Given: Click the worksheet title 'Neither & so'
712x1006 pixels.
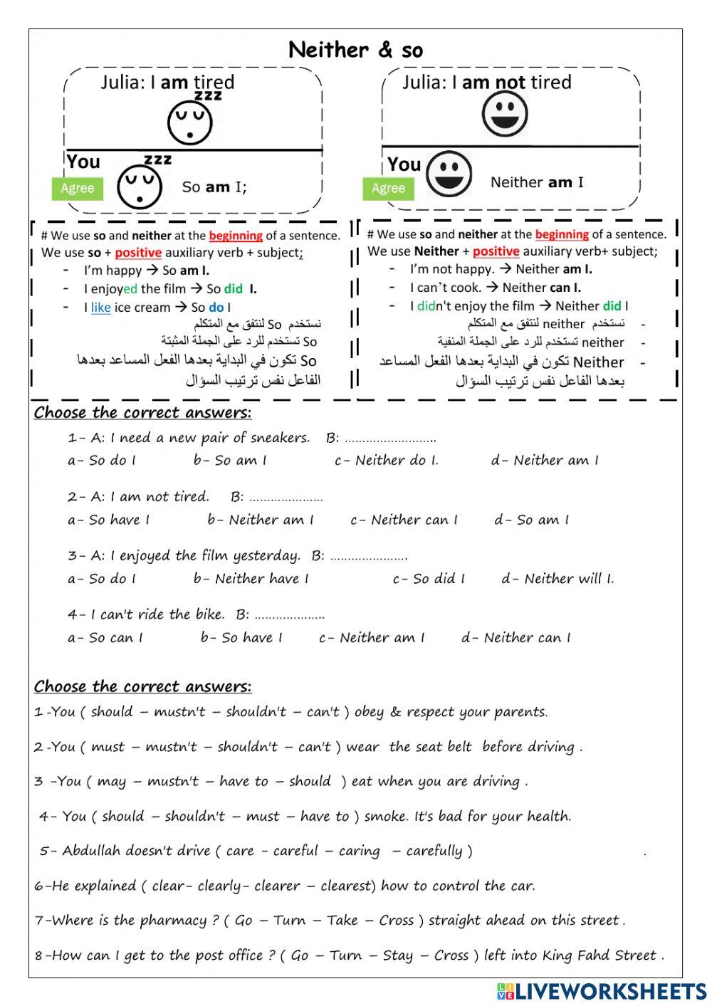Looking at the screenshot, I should (355, 50).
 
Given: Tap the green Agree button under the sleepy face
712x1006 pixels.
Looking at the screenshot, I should (77, 188).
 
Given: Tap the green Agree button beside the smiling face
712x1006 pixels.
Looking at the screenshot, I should (388, 188).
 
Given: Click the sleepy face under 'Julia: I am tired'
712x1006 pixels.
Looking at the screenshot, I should (190, 121).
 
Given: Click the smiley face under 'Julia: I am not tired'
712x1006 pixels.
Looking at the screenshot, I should (504, 113).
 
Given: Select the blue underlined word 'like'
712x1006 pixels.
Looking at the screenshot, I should (100, 308).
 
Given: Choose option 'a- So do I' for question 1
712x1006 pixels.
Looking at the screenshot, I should (101, 461).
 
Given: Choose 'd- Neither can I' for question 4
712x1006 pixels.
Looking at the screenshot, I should (515, 638).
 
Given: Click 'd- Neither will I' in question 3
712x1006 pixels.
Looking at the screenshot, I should (557, 579).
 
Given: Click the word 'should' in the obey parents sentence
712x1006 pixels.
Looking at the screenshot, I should (111, 712).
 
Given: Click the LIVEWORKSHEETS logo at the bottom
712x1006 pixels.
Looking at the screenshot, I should (602, 992).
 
